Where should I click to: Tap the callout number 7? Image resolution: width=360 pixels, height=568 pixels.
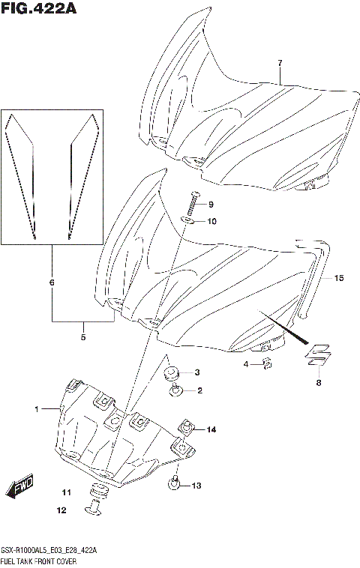[x=279, y=62]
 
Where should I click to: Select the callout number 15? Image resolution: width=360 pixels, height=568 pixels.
[x=339, y=279]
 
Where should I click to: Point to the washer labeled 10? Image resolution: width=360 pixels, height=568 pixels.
[x=190, y=221]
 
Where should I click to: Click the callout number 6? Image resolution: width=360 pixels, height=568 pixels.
[x=51, y=283]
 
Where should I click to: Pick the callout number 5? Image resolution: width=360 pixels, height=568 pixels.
[x=82, y=337]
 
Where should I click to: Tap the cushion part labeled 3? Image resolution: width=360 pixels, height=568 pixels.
[x=172, y=373]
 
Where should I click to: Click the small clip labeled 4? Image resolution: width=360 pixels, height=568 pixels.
[x=266, y=364]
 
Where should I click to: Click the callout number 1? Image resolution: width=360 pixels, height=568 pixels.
[x=35, y=409]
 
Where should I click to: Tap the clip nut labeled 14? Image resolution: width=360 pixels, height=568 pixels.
[x=185, y=429]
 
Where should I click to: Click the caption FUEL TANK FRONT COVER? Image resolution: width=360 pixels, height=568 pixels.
[x=40, y=561]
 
